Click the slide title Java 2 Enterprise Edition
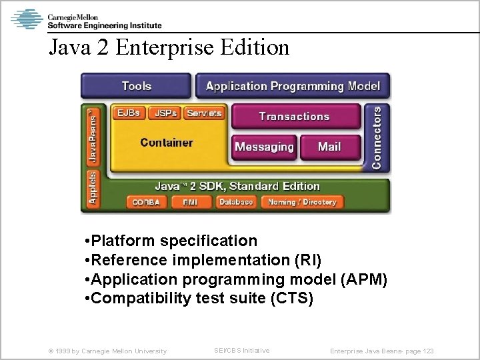tap(169, 47)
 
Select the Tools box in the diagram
tap(136, 86)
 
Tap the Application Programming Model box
tap(293, 86)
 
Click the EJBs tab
tap(128, 113)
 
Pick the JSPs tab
tap(165, 113)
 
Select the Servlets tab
tap(204, 113)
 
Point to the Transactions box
tap(294, 117)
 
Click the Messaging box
tap(264, 147)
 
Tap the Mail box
tap(329, 147)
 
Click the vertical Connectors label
tap(377, 136)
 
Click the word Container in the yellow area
tap(167, 142)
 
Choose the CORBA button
tap(145, 201)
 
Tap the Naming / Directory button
tap(301, 201)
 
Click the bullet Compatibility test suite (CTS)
tap(200, 297)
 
